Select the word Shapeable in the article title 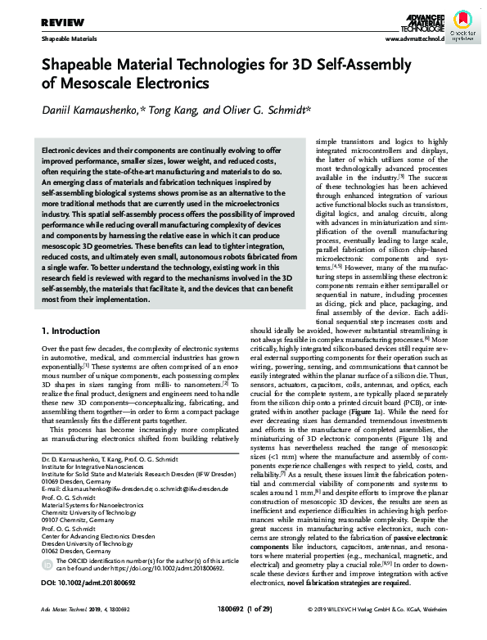pyautogui.click(x=83, y=66)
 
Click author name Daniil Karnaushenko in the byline pyautogui.click(x=95, y=112)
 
